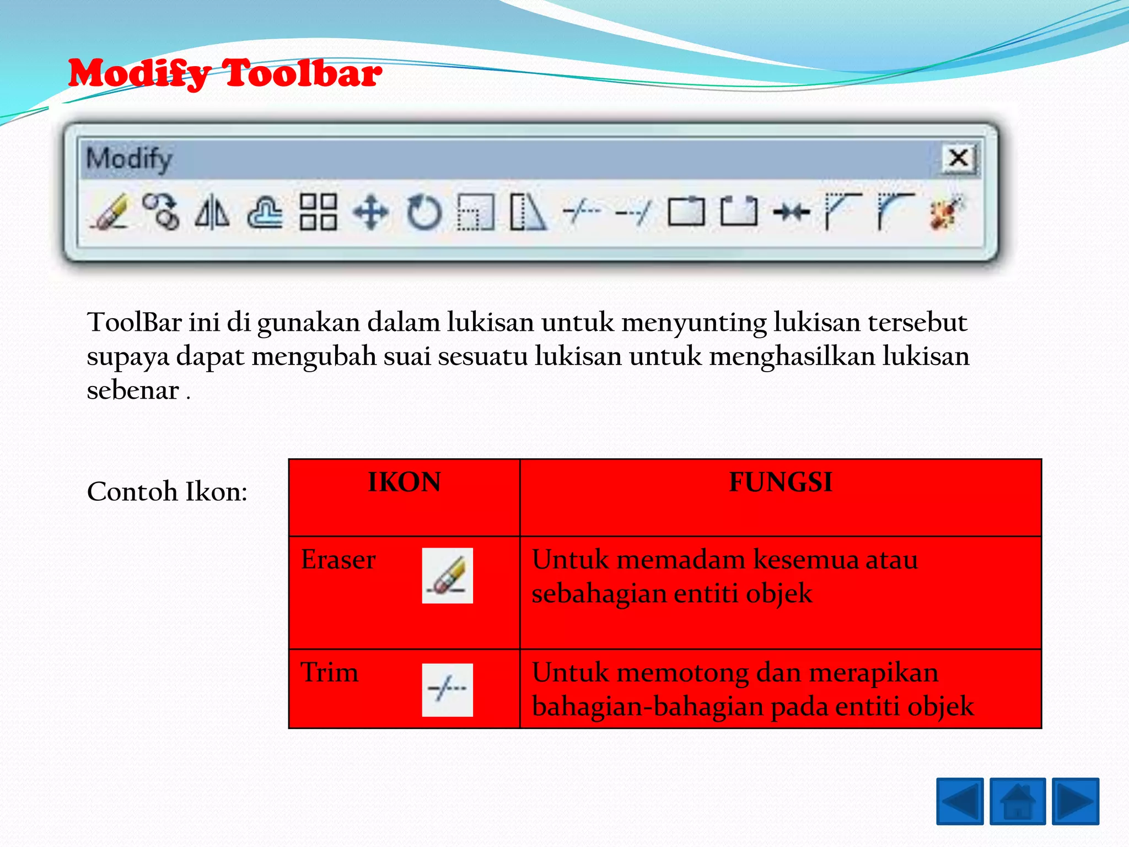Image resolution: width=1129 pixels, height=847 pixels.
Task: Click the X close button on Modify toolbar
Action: click(x=959, y=159)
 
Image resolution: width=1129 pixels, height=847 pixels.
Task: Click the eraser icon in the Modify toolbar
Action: click(x=109, y=212)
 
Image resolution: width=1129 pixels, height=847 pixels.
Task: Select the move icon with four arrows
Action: click(x=371, y=212)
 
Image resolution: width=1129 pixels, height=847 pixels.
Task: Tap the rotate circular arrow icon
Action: click(x=424, y=212)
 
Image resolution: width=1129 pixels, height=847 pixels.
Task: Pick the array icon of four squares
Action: click(x=318, y=212)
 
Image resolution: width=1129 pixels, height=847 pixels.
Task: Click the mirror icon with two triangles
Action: click(x=212, y=212)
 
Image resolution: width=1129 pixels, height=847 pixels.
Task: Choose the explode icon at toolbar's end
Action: click(x=946, y=212)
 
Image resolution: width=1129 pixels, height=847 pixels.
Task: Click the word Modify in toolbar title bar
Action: click(x=130, y=159)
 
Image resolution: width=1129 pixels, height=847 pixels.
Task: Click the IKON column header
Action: click(x=404, y=483)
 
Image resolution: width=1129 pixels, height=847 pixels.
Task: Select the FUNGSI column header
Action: click(x=781, y=483)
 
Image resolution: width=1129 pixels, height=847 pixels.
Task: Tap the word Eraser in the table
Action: click(x=338, y=560)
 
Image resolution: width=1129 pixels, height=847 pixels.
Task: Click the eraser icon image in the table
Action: click(x=447, y=575)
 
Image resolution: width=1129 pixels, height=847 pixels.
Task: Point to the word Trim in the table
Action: click(x=329, y=673)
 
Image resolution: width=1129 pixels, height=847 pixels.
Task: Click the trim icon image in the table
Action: click(x=447, y=689)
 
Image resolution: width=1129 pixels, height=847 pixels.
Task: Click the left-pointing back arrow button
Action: click(x=960, y=801)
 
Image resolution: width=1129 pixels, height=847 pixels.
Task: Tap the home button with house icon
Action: click(x=1018, y=801)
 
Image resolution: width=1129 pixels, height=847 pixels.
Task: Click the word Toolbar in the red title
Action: click(x=302, y=73)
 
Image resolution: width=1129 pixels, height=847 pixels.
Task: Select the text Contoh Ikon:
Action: click(x=167, y=491)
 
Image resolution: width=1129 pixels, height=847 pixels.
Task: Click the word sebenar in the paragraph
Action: click(x=133, y=391)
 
